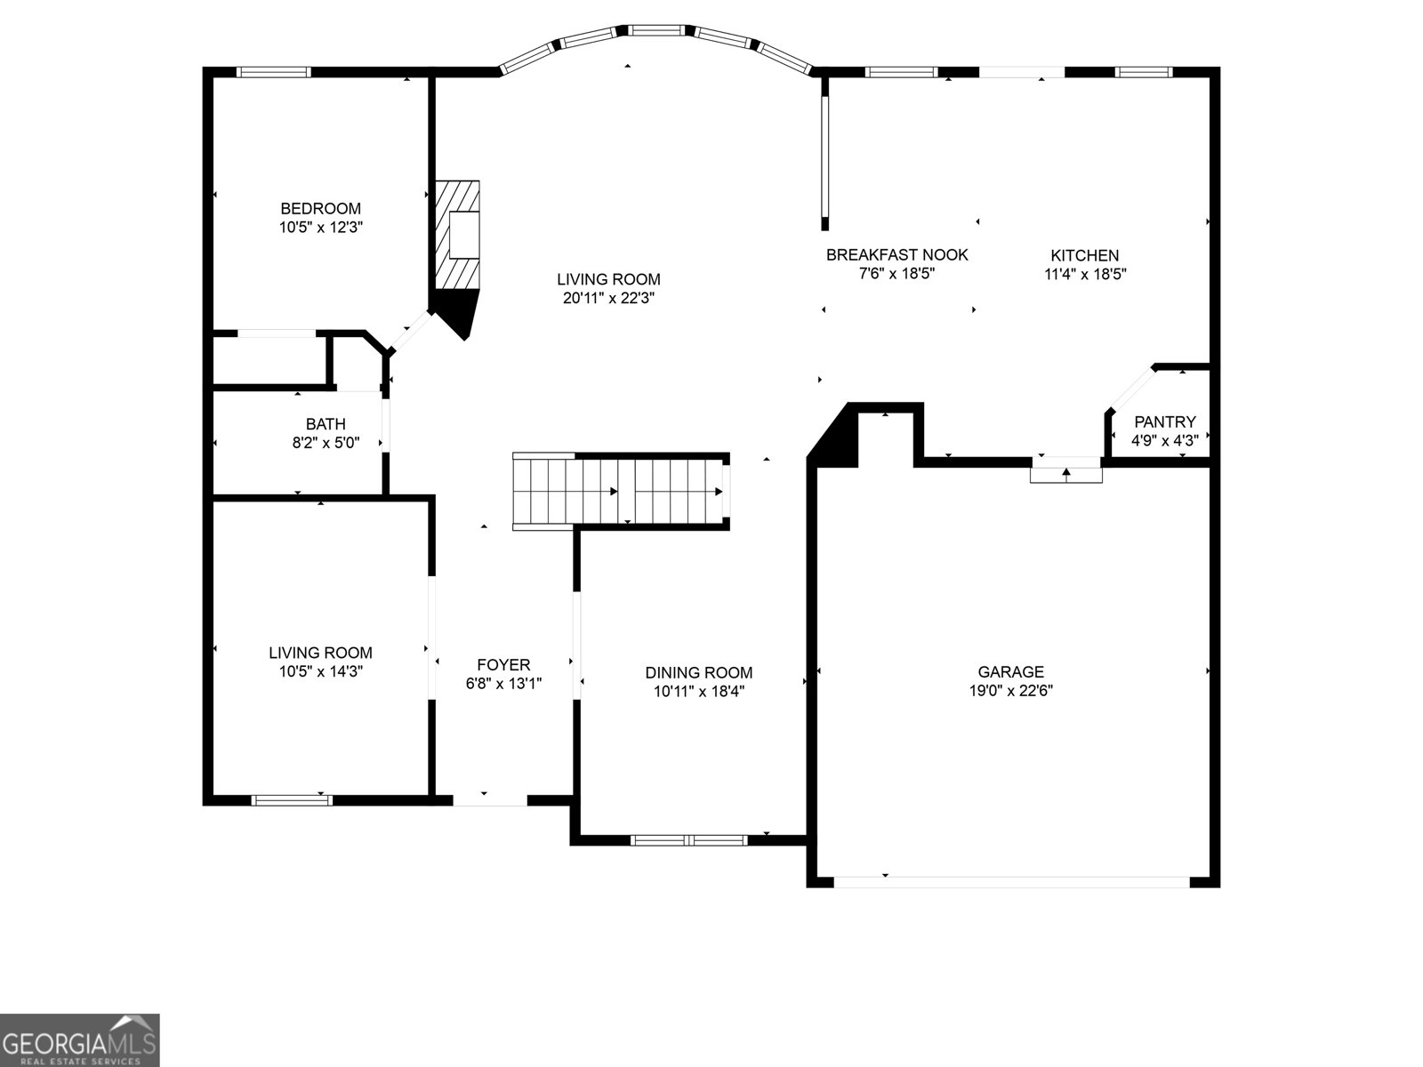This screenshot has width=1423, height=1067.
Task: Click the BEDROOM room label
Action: tap(320, 209)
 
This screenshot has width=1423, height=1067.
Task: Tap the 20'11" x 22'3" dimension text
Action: tap(608, 299)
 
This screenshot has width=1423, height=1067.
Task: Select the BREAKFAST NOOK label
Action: tap(896, 255)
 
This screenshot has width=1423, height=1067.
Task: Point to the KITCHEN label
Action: tap(1085, 256)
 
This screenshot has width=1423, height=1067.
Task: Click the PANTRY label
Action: tap(1164, 422)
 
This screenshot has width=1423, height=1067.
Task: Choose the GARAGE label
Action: tap(1010, 672)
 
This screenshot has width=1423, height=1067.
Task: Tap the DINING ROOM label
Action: tap(698, 673)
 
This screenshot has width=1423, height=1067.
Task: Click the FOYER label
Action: tap(503, 665)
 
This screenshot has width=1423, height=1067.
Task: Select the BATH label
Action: tap(326, 424)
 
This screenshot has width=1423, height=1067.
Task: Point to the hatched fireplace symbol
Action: tap(457, 234)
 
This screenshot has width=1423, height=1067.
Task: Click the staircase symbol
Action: tap(621, 492)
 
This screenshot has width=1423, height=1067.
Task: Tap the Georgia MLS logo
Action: tap(80, 1039)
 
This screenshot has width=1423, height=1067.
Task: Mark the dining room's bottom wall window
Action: tap(689, 839)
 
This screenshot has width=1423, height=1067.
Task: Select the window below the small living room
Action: tap(293, 800)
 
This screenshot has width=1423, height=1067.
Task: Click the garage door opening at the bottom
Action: tap(1011, 881)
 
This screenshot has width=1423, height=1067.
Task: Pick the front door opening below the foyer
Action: tap(490, 800)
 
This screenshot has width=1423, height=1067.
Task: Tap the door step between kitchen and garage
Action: tap(1065, 471)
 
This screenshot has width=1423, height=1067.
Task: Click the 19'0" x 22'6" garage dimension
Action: tap(1010, 691)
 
